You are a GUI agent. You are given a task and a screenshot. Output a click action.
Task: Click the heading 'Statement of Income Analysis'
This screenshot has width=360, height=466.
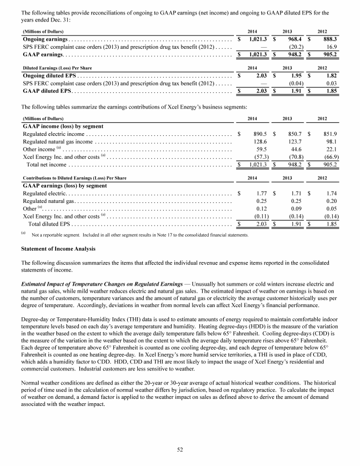tap(58, 249)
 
